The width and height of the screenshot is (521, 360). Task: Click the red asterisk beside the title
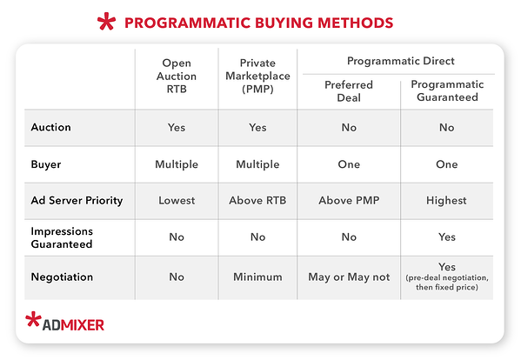108,22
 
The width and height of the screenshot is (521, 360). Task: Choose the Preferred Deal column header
348,91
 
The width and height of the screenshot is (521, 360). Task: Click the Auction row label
50,127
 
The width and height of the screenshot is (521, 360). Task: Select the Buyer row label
47,163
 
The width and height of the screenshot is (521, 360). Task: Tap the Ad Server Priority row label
75,200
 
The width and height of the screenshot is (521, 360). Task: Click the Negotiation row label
63,277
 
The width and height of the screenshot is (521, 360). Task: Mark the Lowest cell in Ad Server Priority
177,200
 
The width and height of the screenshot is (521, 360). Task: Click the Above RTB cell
257,200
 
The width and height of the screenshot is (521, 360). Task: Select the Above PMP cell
349,200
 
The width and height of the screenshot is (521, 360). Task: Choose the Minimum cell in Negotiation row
257,277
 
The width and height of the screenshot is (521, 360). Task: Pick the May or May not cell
349,277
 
